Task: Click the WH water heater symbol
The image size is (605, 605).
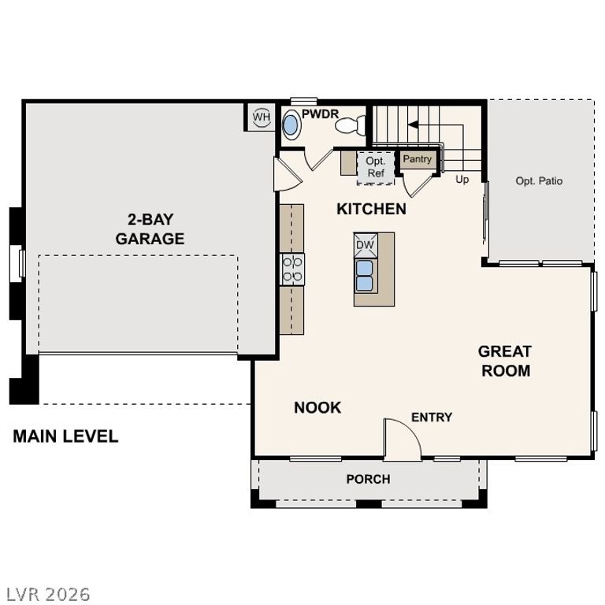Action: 261,117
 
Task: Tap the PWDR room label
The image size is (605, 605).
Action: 320,114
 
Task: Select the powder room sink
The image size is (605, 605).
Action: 291,125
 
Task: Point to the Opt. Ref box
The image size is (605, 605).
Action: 376,167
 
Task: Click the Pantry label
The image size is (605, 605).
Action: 418,159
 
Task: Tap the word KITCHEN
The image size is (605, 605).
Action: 371,209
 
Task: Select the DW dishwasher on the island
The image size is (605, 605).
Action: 366,245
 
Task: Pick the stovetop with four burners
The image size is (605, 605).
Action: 293,269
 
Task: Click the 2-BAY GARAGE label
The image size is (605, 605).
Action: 150,228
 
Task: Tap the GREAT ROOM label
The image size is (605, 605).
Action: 505,361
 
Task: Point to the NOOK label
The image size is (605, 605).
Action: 317,407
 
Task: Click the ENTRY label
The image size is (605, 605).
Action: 432,417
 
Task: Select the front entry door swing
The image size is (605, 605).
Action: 401,440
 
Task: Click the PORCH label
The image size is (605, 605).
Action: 368,479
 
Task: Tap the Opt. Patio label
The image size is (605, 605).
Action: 539,181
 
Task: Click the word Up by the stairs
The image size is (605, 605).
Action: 462,179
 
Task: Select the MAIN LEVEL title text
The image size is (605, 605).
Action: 65,436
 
